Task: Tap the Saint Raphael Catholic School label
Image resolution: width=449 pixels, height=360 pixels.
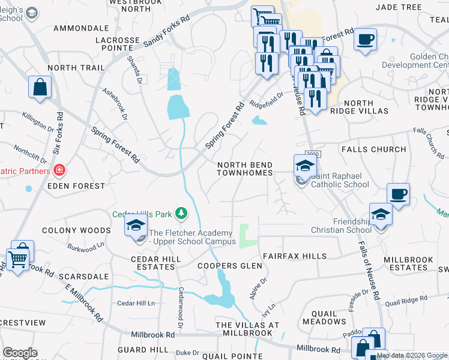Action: coord(340,181)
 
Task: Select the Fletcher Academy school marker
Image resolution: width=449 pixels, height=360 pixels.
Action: coord(136,226)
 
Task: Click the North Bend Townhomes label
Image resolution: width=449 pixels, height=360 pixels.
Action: coord(245,169)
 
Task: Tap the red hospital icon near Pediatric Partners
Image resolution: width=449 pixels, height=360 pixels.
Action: coord(59,172)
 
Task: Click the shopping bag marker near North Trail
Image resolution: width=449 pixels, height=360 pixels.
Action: coord(40,88)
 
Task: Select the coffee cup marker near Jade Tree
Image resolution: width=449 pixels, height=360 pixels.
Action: coord(365,40)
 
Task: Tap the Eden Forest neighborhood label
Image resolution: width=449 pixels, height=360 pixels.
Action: coord(76,186)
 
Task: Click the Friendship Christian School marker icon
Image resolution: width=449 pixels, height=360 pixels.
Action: coord(381,214)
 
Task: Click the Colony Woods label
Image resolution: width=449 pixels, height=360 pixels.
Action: coord(76,230)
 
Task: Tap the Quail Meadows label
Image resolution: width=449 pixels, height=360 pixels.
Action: coord(324,317)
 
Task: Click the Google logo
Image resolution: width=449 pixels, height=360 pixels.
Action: coord(20,352)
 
